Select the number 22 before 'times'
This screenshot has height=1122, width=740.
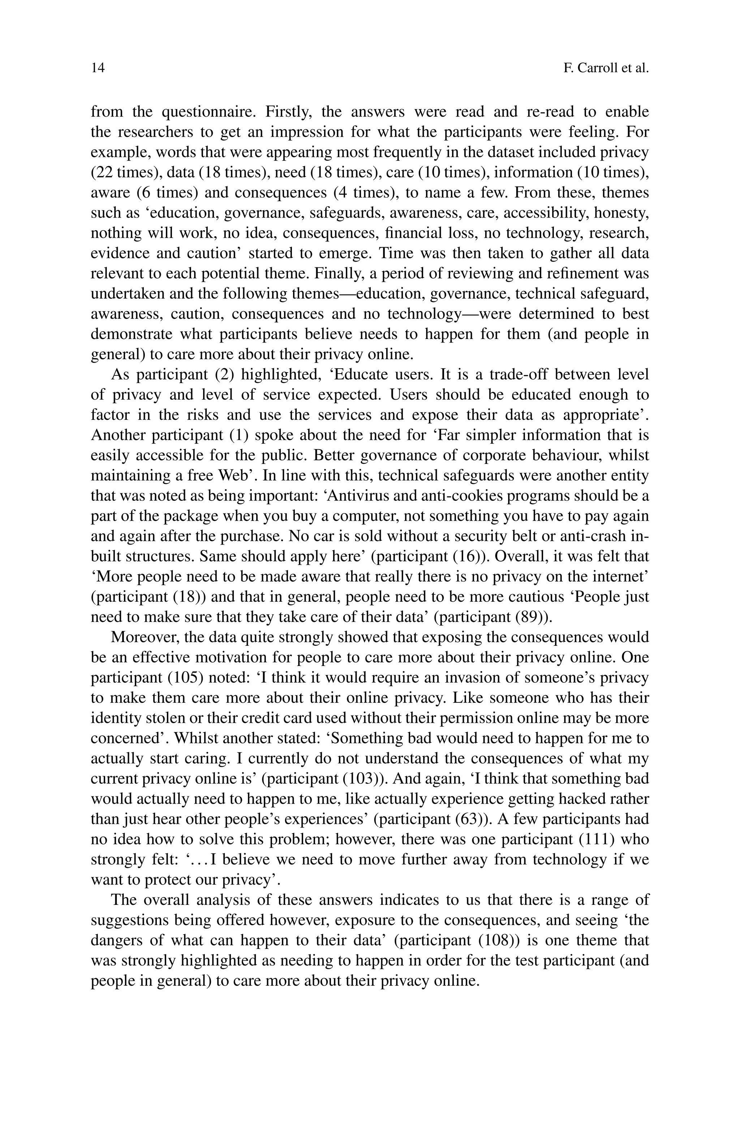point(103,173)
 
